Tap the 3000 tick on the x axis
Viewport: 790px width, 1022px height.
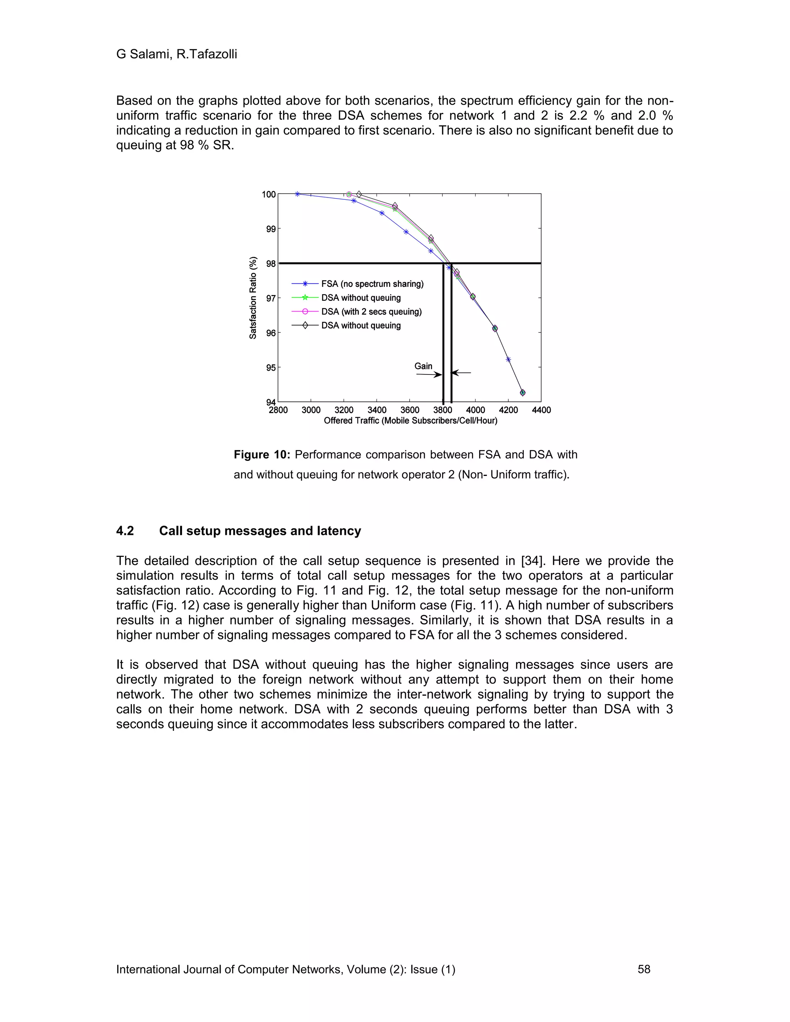(311, 410)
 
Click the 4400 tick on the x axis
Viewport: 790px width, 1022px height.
(542, 410)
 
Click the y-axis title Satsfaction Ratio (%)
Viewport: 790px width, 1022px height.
(253, 298)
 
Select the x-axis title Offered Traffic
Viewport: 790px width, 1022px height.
(410, 421)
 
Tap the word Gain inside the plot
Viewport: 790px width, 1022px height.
(423, 366)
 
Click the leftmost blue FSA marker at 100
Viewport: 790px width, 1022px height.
(297, 194)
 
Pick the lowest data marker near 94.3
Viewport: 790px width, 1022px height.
(522, 393)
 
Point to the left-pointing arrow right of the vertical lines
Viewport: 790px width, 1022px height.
(461, 373)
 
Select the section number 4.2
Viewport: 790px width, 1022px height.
(125, 531)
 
